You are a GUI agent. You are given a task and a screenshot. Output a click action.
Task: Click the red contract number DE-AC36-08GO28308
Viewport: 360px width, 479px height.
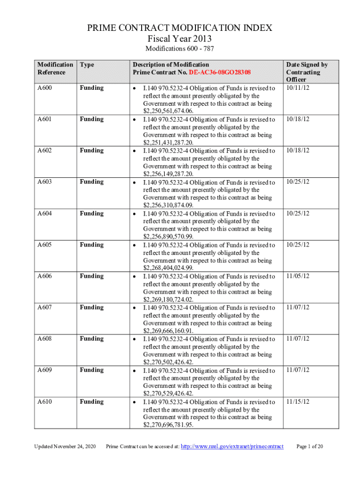[220, 73]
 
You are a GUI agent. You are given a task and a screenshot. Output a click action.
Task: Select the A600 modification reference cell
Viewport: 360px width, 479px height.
[44, 88]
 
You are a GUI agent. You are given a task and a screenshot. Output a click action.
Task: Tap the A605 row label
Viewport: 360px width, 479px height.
[44, 245]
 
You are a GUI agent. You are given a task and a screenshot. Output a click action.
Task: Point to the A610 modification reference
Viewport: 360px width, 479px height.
[44, 401]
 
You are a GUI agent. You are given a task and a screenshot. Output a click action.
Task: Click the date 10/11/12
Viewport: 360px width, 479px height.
[298, 88]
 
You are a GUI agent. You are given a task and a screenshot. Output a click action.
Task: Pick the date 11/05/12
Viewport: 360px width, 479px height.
[298, 276]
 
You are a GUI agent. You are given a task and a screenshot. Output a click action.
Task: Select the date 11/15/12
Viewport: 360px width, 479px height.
[298, 401]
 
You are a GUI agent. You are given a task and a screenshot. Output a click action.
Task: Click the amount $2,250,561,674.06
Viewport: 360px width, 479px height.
[168, 111]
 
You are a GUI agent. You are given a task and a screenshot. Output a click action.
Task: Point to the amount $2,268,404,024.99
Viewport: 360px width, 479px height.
[168, 268]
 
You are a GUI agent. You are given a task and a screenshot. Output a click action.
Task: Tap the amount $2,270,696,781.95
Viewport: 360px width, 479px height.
[168, 425]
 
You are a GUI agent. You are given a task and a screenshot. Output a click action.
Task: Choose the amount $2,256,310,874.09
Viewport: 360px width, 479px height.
[168, 205]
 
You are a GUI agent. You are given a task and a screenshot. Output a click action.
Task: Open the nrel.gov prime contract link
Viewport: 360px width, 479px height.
[232, 447]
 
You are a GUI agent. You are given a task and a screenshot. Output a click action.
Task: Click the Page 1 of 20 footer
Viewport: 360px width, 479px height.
[310, 447]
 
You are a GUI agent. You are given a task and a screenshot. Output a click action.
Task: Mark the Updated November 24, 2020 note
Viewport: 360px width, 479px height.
[65, 447]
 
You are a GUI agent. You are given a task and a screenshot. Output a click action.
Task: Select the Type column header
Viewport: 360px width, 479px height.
[87, 65]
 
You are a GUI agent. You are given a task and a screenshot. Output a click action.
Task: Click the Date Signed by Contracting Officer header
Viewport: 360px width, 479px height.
[307, 72]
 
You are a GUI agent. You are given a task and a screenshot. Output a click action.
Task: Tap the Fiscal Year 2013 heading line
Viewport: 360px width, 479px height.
[180, 38]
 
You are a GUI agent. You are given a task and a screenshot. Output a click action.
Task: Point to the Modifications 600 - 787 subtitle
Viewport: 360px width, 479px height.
[180, 49]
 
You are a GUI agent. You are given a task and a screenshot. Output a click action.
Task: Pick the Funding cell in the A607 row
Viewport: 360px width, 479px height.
[92, 307]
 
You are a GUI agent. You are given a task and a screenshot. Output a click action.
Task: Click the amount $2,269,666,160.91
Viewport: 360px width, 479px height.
[168, 331]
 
